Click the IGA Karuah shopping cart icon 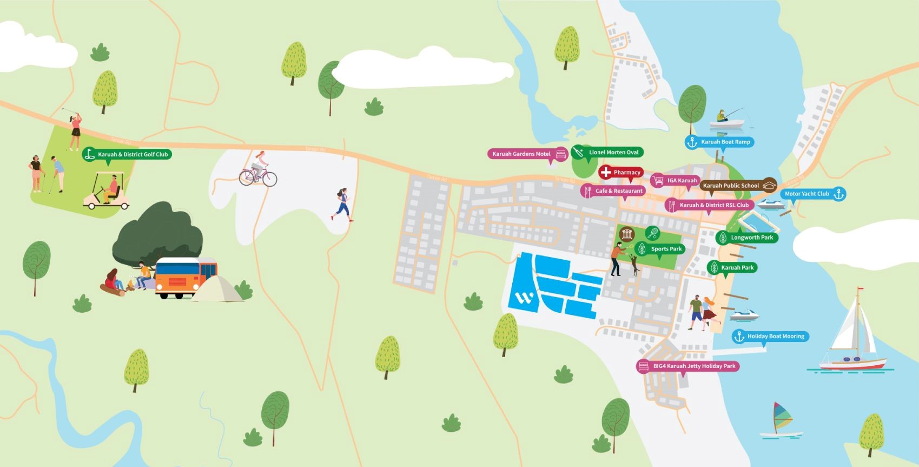[x=658, y=180]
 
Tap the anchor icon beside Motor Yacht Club [x=838, y=194]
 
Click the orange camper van [x=186, y=278]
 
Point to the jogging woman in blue [x=342, y=205]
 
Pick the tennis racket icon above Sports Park [x=652, y=233]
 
